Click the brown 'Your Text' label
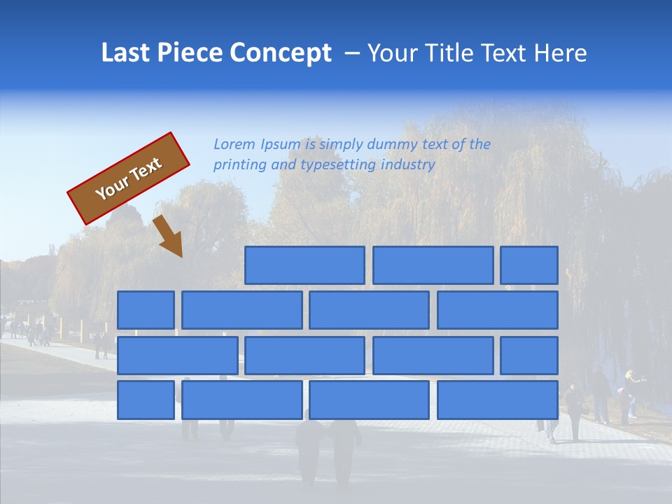tap(129, 178)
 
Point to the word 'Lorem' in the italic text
tap(234, 145)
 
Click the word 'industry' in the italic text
tap(407, 165)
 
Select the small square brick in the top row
tap(529, 265)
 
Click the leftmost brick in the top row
tap(304, 265)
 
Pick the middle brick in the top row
tap(433, 265)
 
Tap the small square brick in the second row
tap(146, 310)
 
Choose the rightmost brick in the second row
tap(498, 310)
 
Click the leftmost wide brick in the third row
tap(177, 355)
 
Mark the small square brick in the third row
tap(529, 355)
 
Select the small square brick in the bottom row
tap(146, 400)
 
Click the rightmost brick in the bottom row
tap(498, 400)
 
